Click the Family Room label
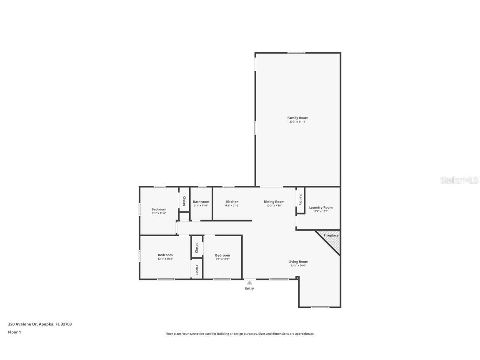[x=297, y=118]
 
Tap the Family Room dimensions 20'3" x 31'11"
[x=297, y=122]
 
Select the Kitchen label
[x=232, y=202]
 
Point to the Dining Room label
[x=274, y=202]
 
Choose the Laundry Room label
[x=321, y=207]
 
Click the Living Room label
[x=298, y=262]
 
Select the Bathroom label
[x=201, y=202]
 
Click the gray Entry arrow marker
[x=249, y=283]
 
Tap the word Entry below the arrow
[x=249, y=288]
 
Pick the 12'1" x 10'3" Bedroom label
[x=165, y=255]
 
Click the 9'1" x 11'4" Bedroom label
[x=159, y=209]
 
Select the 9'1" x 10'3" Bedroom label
[x=222, y=255]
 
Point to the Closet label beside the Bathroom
[x=184, y=201]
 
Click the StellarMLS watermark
[x=460, y=180]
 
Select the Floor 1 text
[x=14, y=332]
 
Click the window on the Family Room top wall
[x=296, y=53]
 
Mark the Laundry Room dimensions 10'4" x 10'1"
[x=321, y=211]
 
